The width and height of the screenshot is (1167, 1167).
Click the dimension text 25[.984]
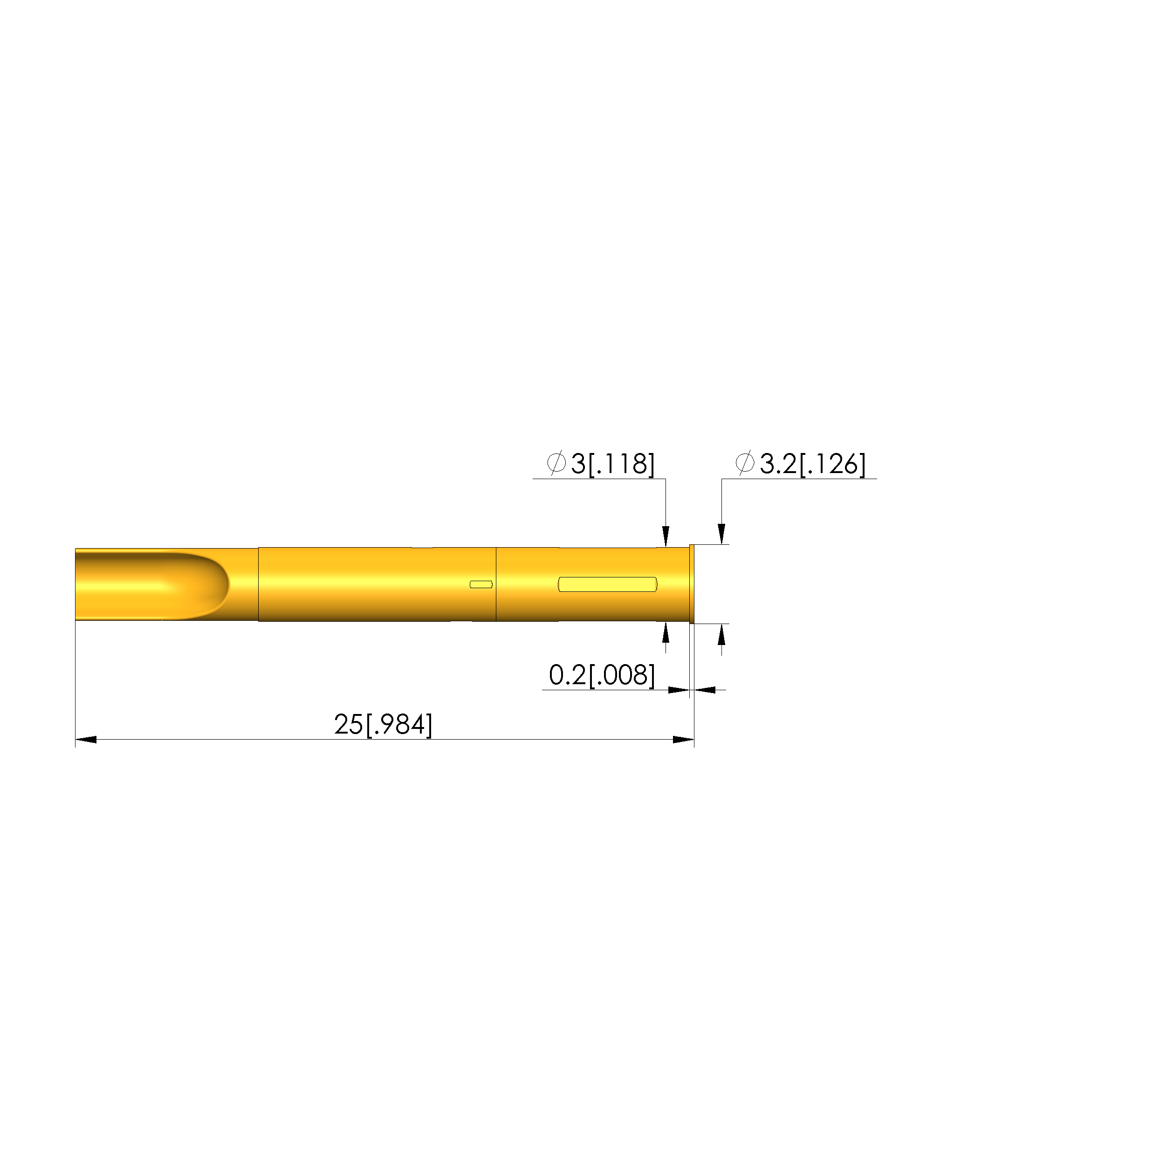[383, 724]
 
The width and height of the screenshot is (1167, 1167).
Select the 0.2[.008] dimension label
[602, 675]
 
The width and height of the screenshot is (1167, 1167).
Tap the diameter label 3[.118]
[612, 464]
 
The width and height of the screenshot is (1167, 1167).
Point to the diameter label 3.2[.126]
[812, 464]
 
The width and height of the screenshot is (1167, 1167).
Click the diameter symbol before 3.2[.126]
[745, 463]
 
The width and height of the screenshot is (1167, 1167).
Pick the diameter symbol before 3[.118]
[556, 463]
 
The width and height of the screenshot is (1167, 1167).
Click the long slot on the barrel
[607, 584]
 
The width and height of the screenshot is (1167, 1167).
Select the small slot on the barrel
[481, 584]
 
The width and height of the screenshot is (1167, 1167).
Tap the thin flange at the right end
[692, 584]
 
